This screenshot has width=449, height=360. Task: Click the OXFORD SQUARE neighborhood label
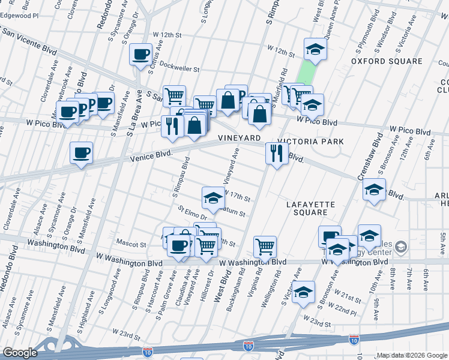(387, 61)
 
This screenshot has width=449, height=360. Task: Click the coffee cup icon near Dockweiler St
(141, 55)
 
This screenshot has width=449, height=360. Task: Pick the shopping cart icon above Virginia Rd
(265, 245)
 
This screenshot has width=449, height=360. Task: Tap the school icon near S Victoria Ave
(304, 292)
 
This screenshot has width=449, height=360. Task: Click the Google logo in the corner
(20, 353)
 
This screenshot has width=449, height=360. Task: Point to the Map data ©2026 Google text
(411, 355)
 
